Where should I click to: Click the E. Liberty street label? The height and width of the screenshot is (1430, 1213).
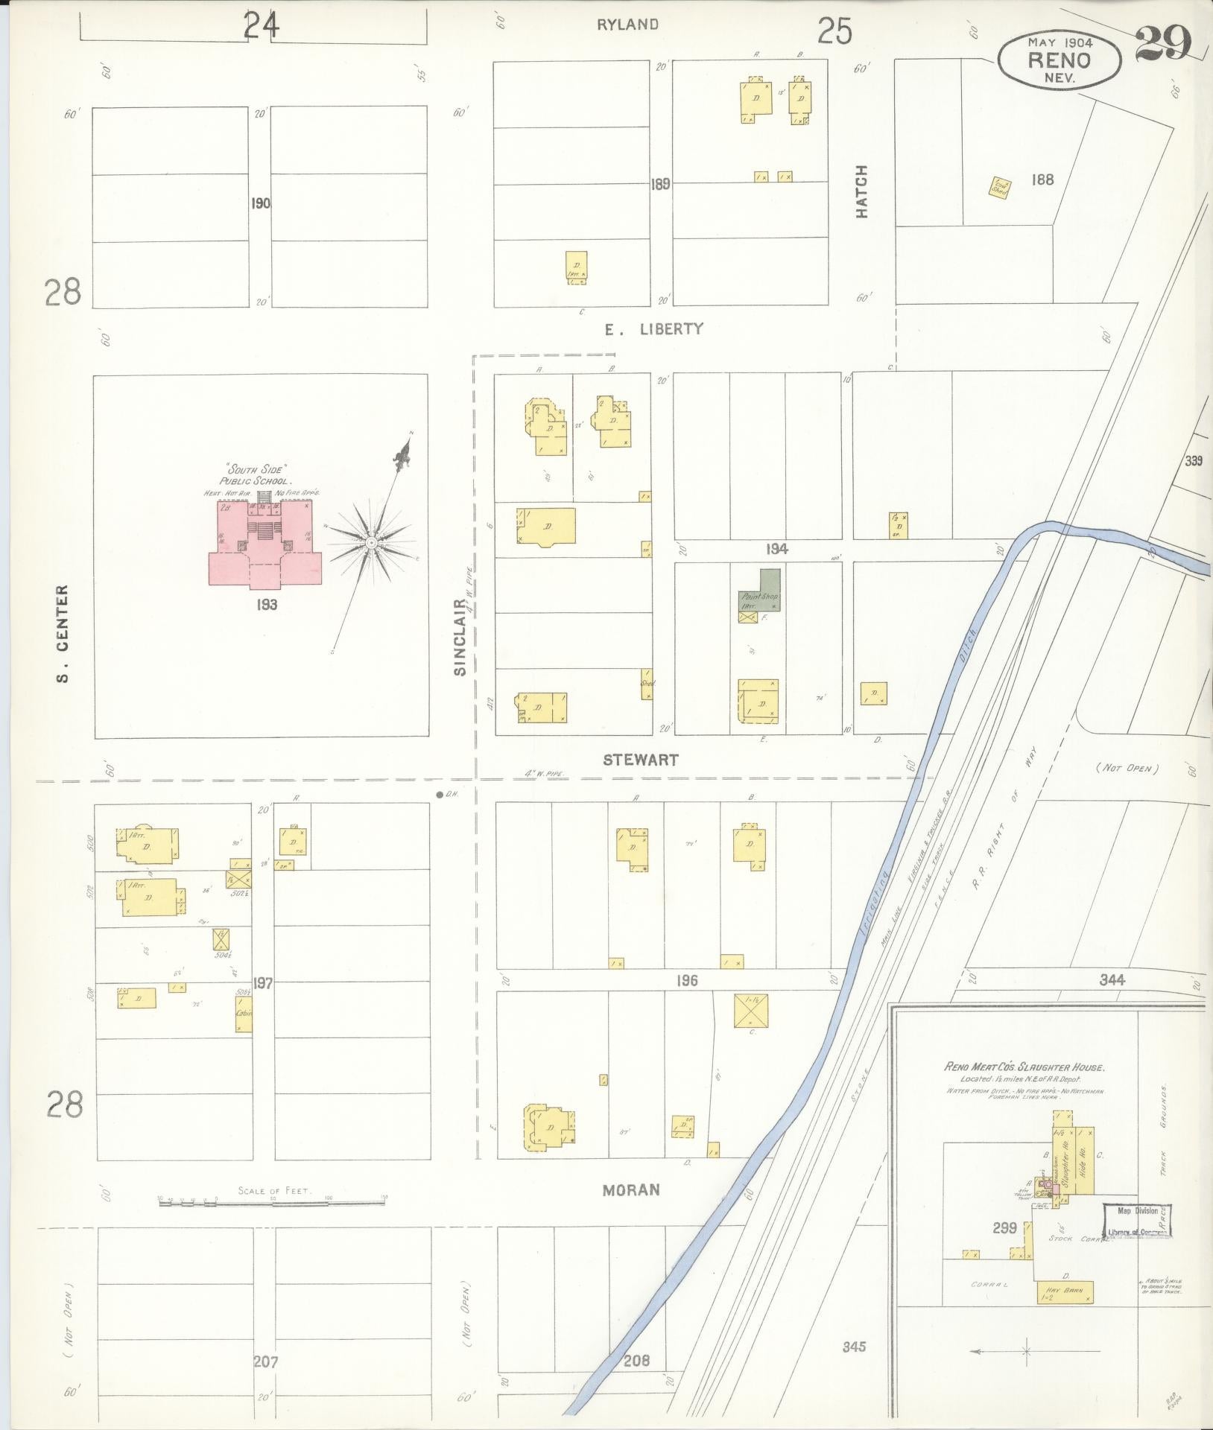pyautogui.click(x=653, y=328)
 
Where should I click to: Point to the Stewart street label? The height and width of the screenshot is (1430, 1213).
pyautogui.click(x=640, y=760)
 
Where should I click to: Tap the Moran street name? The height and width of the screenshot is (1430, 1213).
pyautogui.click(x=631, y=1190)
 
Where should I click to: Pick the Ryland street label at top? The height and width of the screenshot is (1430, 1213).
pyautogui.click(x=627, y=25)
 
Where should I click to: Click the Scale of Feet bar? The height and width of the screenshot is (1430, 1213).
pyautogui.click(x=272, y=1201)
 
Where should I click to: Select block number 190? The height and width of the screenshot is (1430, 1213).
pyautogui.click(x=260, y=203)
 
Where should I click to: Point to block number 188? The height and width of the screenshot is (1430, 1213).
pyautogui.click(x=1042, y=179)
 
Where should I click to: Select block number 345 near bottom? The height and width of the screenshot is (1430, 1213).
pyautogui.click(x=853, y=1347)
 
